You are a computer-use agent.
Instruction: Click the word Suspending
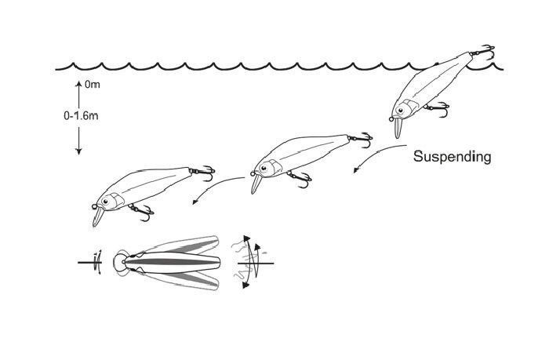[452, 157]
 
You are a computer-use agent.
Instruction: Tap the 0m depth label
[91, 83]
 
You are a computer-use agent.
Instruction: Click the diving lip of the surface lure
[397, 125]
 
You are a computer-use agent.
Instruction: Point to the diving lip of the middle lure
[255, 184]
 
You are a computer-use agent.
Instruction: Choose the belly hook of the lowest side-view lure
[142, 209]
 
